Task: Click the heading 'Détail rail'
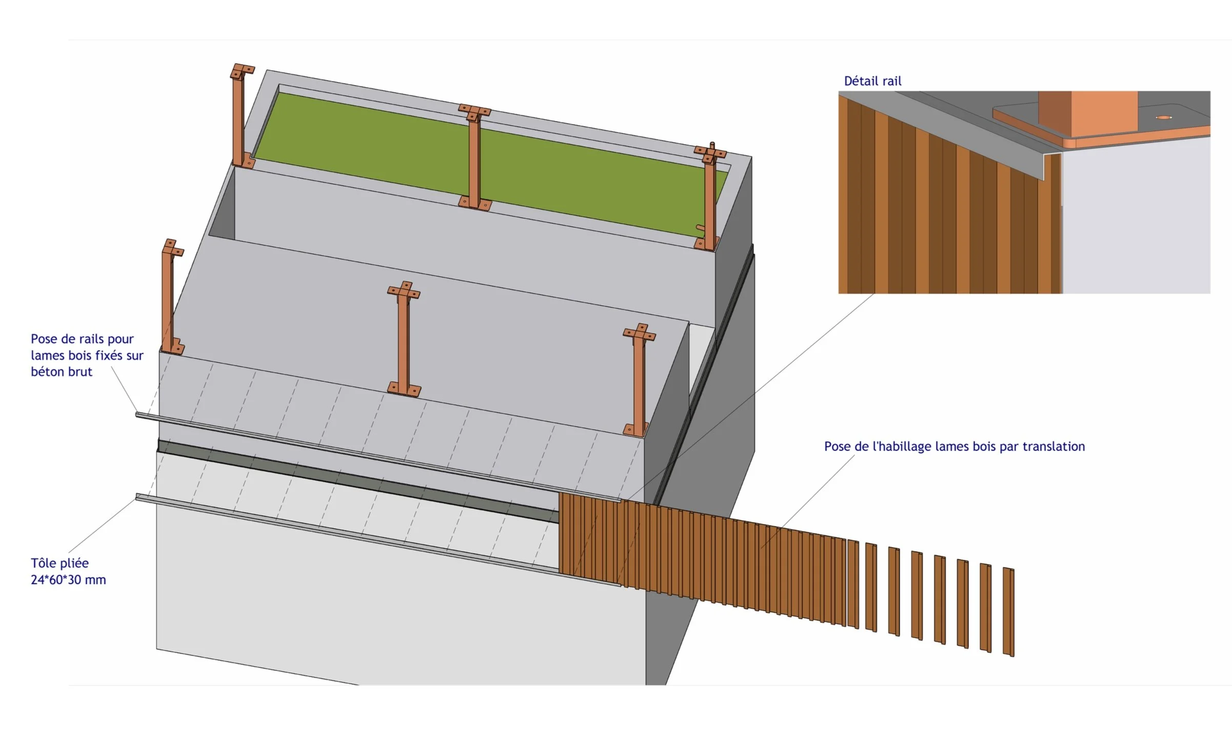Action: [x=872, y=81]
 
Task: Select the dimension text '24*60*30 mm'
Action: [x=68, y=580]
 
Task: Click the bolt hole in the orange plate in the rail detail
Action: [x=1164, y=117]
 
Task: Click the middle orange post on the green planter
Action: [x=474, y=159]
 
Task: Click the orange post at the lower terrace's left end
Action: [x=168, y=297]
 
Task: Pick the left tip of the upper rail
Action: [x=138, y=415]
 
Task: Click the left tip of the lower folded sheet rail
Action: [x=138, y=496]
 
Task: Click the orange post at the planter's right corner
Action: [x=710, y=200]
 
